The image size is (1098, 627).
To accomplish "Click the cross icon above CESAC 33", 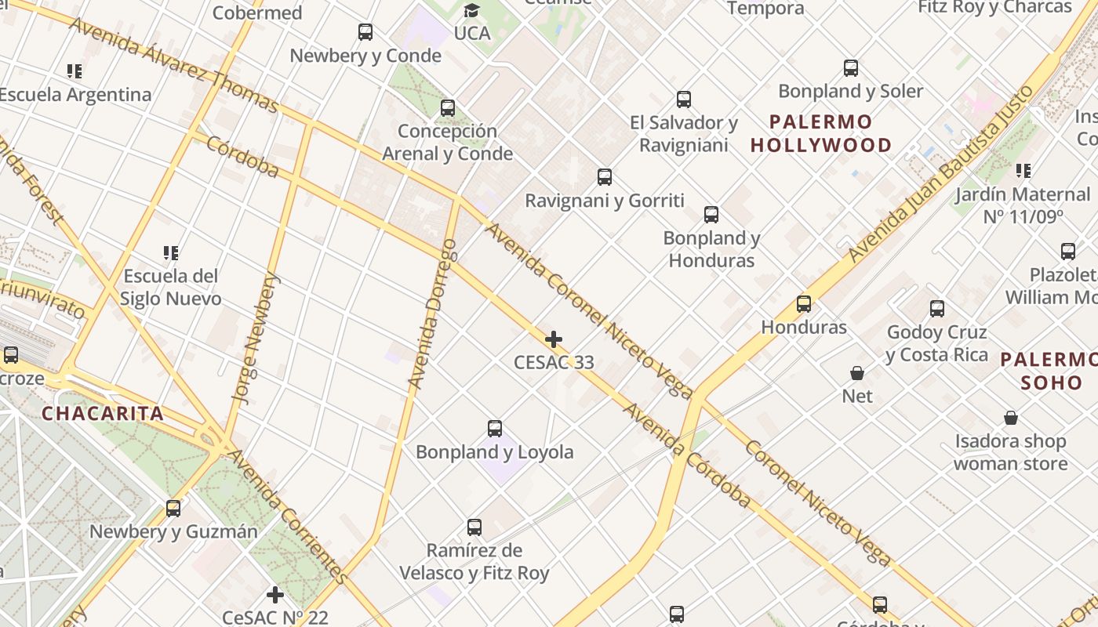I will (x=554, y=339).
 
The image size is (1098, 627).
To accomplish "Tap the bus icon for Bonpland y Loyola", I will (x=495, y=429).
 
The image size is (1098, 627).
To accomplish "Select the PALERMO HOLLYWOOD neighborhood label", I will (x=821, y=133).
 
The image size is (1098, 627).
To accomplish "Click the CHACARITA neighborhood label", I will (x=103, y=414).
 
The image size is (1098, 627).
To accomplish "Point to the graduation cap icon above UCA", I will (x=471, y=10).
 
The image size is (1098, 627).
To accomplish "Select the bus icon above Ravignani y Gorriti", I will (x=605, y=177).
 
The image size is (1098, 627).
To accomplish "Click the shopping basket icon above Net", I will (x=857, y=373).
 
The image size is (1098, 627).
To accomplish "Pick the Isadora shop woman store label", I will (x=1010, y=452).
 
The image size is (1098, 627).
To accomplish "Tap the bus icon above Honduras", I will (x=804, y=304).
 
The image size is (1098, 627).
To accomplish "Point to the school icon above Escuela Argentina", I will (x=75, y=71).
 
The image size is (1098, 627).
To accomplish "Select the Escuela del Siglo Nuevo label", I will (x=170, y=287).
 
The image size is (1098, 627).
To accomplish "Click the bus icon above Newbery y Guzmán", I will (x=173, y=509).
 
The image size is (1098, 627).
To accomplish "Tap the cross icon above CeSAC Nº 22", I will (x=274, y=595).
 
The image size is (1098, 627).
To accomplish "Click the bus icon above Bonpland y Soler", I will (x=851, y=68).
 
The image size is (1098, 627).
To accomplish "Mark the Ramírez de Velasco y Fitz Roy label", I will (x=474, y=561).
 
